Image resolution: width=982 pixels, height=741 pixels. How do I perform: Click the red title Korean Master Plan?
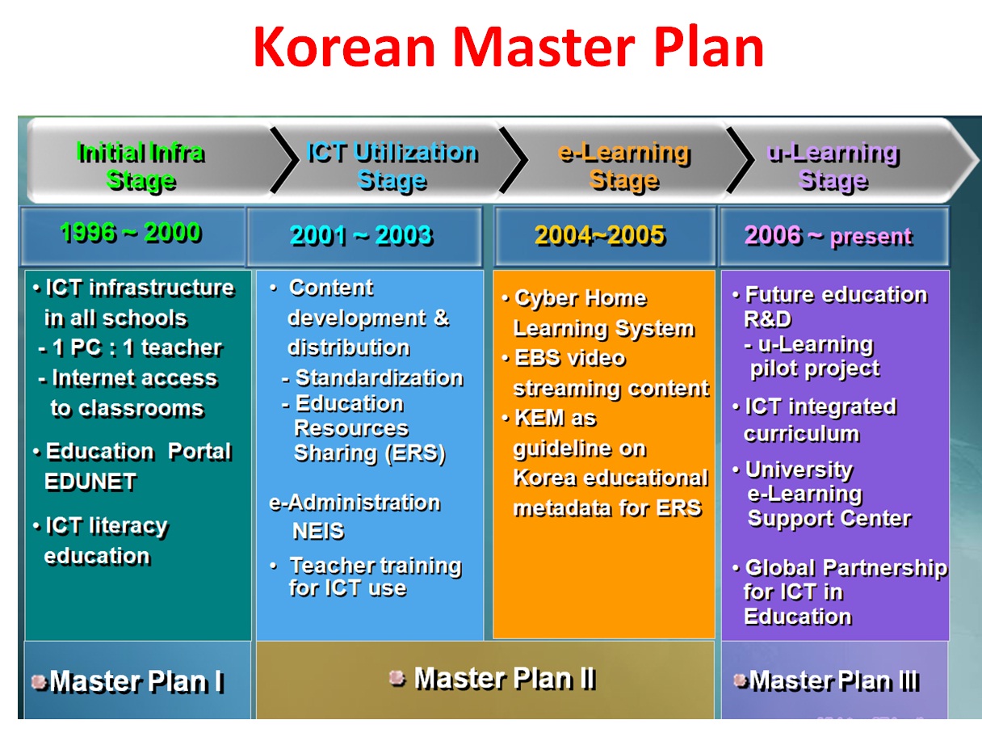click(x=508, y=48)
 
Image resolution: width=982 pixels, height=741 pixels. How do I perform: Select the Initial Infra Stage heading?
click(x=140, y=166)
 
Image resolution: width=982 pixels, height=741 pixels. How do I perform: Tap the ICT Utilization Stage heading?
click(x=392, y=166)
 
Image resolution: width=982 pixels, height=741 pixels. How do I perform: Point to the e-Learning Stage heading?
click(x=623, y=166)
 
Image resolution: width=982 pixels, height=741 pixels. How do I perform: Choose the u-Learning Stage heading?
click(x=833, y=166)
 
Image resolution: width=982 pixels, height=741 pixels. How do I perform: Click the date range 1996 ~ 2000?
click(x=130, y=233)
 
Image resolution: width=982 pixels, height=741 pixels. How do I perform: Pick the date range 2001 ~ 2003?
click(x=361, y=235)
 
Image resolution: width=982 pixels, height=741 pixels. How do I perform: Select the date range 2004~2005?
click(x=599, y=235)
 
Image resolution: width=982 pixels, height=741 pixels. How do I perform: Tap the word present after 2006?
click(x=871, y=237)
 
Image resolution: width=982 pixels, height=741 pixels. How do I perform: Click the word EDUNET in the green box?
click(x=90, y=482)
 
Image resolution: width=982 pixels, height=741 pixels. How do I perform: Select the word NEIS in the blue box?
click(x=318, y=531)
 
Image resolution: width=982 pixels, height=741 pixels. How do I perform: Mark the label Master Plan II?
click(x=504, y=678)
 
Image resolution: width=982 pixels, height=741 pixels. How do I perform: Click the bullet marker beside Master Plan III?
click(x=741, y=680)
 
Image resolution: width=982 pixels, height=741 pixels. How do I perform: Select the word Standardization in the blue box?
click(x=379, y=377)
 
